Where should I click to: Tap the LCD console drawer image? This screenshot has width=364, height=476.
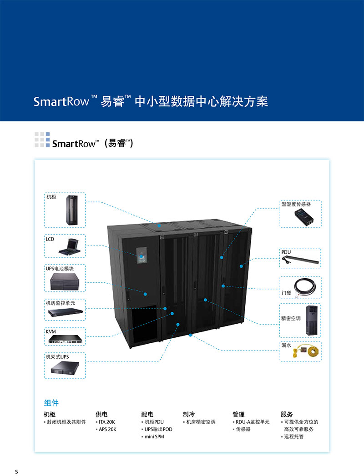point(69,247)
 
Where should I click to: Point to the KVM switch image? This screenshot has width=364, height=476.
point(65,340)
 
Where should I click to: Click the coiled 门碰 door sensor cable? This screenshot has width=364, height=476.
point(303,287)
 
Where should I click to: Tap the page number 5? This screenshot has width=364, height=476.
point(17,471)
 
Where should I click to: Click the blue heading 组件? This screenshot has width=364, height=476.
point(51,403)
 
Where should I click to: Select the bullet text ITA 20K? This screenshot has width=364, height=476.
point(107,422)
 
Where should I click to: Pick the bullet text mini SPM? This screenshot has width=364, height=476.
point(154,436)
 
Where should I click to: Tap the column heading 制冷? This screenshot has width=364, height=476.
point(188,414)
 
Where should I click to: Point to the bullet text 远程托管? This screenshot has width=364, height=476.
point(293,436)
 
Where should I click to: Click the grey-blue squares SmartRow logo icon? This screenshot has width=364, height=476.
point(42,140)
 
